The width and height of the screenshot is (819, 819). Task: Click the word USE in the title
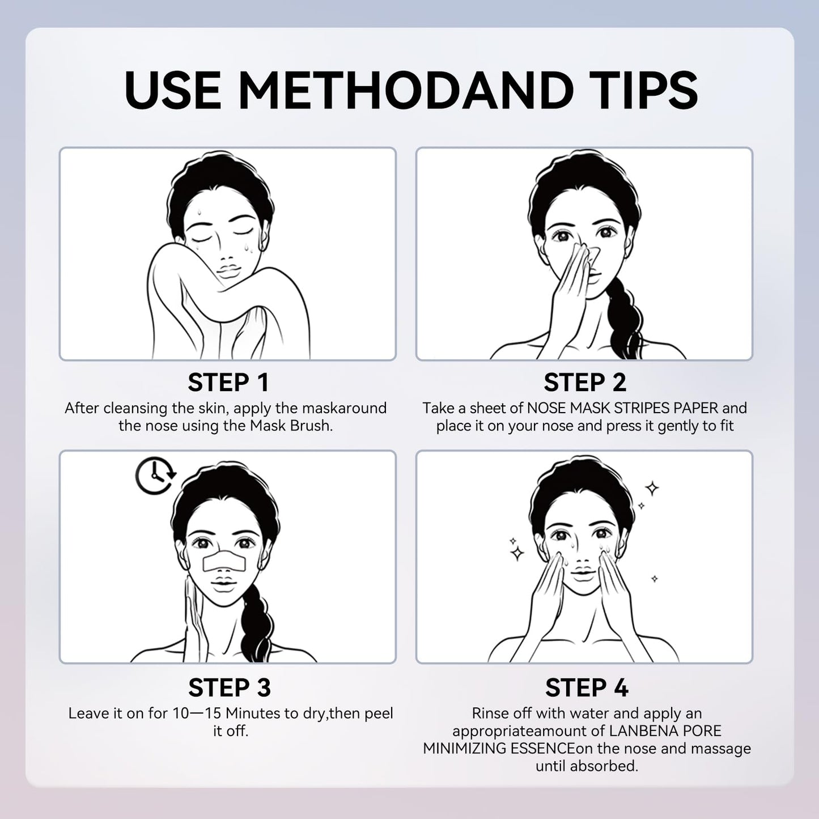(x=173, y=90)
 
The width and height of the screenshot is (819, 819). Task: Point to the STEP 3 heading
(x=230, y=688)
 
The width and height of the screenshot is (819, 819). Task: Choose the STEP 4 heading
(x=587, y=688)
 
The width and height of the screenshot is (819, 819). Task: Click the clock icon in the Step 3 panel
(x=155, y=476)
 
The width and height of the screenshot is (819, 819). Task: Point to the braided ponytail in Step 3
(x=254, y=621)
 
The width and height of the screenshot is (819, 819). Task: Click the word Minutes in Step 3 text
(x=253, y=713)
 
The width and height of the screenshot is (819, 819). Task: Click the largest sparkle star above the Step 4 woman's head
(x=652, y=489)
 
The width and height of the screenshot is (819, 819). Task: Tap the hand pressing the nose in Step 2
(x=568, y=289)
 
